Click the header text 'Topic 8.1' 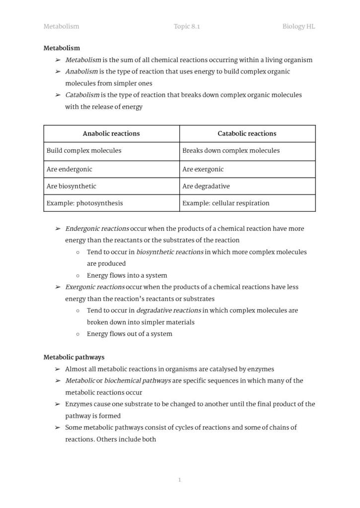pyautogui.click(x=187, y=26)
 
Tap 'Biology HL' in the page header pyautogui.click(x=298, y=26)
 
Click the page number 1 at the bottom pyautogui.click(x=179, y=480)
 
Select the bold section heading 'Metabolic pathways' pyautogui.click(x=73, y=357)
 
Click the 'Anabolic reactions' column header pyautogui.click(x=111, y=133)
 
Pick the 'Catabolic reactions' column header pyautogui.click(x=247, y=133)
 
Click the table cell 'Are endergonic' pyautogui.click(x=70, y=169)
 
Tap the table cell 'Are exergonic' pyautogui.click(x=203, y=169)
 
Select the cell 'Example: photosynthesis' pyautogui.click(x=84, y=203)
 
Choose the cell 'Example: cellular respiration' pyautogui.click(x=225, y=203)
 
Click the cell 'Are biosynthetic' pyautogui.click(x=72, y=186)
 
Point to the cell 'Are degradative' pyautogui.click(x=206, y=186)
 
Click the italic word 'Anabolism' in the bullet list pyautogui.click(x=81, y=71)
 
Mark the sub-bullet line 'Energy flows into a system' pyautogui.click(x=127, y=275)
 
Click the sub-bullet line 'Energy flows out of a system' pyautogui.click(x=129, y=334)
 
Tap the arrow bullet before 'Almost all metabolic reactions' pyautogui.click(x=58, y=369)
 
